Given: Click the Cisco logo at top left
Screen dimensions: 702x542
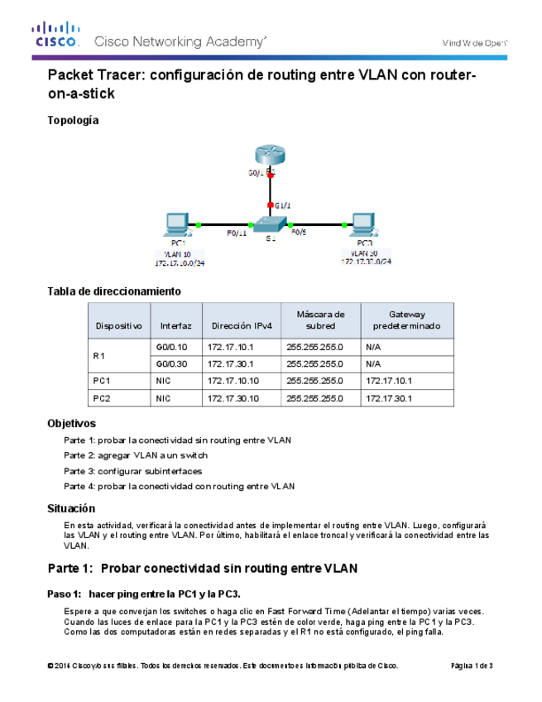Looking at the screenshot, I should (56, 35).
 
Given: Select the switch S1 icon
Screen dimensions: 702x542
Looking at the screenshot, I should (271, 224).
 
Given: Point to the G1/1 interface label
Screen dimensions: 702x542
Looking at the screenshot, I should (282, 204).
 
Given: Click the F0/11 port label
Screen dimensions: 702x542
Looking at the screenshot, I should (237, 233).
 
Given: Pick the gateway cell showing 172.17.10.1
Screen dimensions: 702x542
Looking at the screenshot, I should (389, 381).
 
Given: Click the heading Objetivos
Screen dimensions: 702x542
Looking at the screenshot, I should (72, 423).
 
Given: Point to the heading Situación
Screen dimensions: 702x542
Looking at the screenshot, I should (72, 508).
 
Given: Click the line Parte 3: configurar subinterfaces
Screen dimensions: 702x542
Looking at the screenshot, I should (132, 471).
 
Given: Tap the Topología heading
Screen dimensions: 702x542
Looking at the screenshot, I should (73, 120).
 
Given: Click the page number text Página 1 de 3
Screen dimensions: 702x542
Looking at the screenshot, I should (472, 666).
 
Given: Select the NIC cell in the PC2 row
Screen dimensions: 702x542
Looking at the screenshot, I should (163, 398).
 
